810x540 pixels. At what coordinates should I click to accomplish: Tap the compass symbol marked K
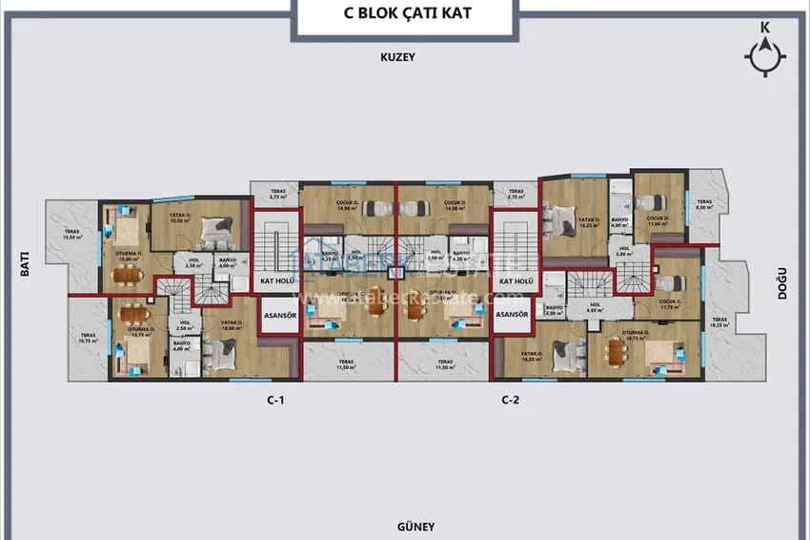[764, 55]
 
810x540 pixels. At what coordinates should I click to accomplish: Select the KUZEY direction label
[397, 57]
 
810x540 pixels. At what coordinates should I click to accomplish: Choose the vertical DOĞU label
[781, 282]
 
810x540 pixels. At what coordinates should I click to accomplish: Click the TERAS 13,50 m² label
[72, 235]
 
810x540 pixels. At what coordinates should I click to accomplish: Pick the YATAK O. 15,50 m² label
[182, 218]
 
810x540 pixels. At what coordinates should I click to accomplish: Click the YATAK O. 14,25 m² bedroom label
[531, 356]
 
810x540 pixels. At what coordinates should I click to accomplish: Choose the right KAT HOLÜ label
[515, 281]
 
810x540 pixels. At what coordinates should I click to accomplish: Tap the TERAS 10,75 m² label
[88, 338]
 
